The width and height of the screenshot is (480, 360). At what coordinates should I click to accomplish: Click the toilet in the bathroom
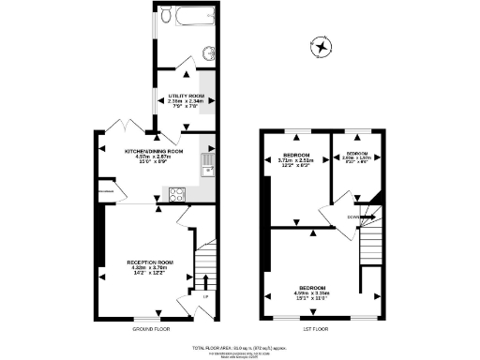[166, 16]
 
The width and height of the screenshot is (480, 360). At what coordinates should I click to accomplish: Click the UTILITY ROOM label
[186, 99]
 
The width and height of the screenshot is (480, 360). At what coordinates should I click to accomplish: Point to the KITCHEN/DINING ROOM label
[154, 153]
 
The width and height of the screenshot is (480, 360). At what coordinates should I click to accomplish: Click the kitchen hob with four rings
[176, 194]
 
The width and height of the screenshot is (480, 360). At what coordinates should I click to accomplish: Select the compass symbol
[322, 46]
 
